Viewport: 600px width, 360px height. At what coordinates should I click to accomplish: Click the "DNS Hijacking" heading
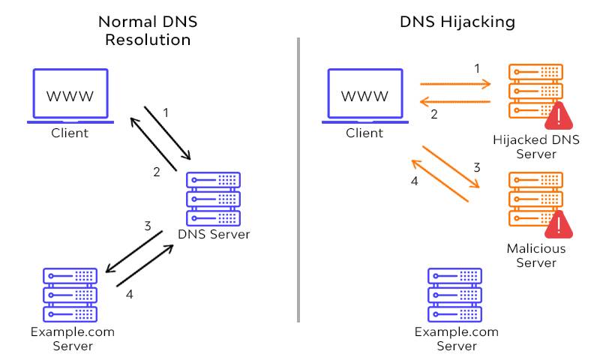pos(457,22)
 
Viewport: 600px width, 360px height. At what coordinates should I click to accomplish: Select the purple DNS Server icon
pos(214,198)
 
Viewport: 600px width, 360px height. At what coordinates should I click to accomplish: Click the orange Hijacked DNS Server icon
pos(534,90)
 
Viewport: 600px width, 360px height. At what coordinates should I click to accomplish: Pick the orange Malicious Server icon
pos(534,198)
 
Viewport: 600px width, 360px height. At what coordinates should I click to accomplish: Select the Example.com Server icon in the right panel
pos(455,294)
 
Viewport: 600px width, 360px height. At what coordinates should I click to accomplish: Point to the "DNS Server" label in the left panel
pos(214,235)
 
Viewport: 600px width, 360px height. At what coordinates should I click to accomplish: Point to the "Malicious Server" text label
pos(535,256)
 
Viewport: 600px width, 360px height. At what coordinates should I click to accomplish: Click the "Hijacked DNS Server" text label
pos(535,147)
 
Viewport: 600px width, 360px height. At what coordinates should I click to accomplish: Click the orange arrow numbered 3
pos(451,166)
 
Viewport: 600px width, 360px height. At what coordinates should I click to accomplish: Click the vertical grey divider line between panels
pos(298,180)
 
